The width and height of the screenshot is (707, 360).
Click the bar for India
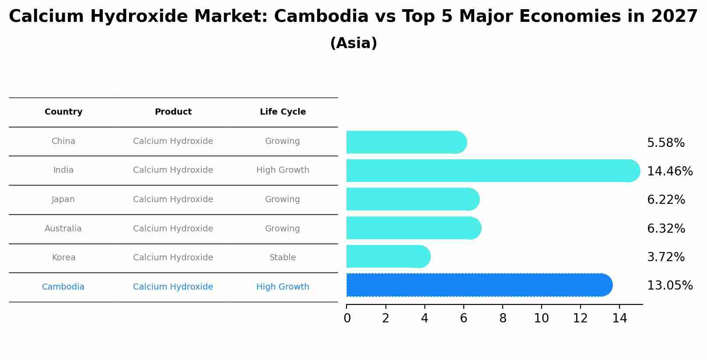[x=490, y=171]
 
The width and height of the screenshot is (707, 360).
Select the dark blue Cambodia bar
[x=477, y=285]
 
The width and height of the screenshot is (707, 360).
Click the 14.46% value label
[x=669, y=171]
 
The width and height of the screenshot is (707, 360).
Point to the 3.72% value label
[x=665, y=257]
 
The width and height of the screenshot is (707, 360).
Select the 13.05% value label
[x=669, y=285]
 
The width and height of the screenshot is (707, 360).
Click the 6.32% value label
[x=666, y=228]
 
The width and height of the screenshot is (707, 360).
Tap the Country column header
[x=63, y=112]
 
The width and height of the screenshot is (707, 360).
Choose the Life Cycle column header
[x=283, y=112]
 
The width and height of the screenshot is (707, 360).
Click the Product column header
[x=173, y=112]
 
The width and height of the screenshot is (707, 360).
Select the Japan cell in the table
[x=63, y=199]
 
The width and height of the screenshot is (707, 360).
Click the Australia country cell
[x=63, y=228]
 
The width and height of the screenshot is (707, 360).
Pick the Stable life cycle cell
[x=283, y=258]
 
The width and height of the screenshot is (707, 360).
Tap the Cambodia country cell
[x=63, y=287]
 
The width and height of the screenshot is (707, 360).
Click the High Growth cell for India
[x=283, y=170]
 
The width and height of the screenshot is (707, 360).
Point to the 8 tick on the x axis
[x=503, y=318]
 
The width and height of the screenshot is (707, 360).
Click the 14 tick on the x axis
[x=619, y=318]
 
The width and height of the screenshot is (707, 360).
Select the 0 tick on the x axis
[x=347, y=318]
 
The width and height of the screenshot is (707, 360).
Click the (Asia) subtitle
[x=353, y=43]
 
